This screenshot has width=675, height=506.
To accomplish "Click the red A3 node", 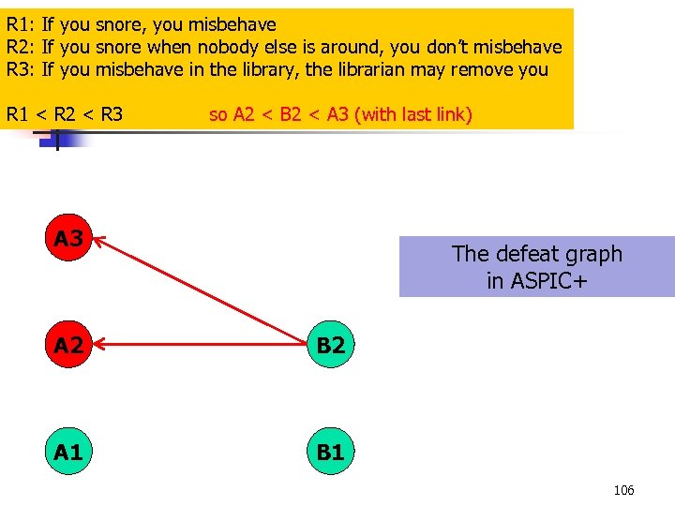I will click(x=67, y=239).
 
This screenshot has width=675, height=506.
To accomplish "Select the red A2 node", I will click(x=67, y=346).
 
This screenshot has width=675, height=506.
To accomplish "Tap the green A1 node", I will click(x=67, y=453).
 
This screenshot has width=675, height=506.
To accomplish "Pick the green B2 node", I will click(x=330, y=346).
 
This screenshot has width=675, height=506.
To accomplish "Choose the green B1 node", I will click(x=330, y=453).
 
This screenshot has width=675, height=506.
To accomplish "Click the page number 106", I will click(x=623, y=490).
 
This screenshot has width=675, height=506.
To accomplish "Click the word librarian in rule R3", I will click(x=364, y=69).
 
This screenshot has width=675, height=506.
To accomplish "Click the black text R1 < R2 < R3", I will click(x=65, y=114).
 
